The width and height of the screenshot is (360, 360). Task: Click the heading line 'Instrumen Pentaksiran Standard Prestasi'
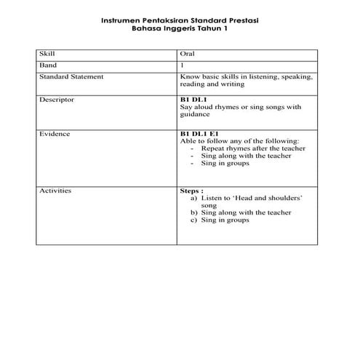tap(179, 21)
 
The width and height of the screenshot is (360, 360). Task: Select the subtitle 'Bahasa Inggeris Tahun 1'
tap(179, 29)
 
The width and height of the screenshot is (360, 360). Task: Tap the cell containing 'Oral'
tap(187, 54)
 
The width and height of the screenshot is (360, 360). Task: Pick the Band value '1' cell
tap(182, 65)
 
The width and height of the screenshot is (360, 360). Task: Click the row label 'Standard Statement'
tap(71, 76)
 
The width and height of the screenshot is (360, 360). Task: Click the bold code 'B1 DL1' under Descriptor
tap(194, 99)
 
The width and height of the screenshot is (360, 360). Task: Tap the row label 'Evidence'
tap(55, 134)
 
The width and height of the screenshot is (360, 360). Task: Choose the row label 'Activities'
tap(55, 190)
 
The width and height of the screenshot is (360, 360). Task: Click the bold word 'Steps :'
tap(191, 190)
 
